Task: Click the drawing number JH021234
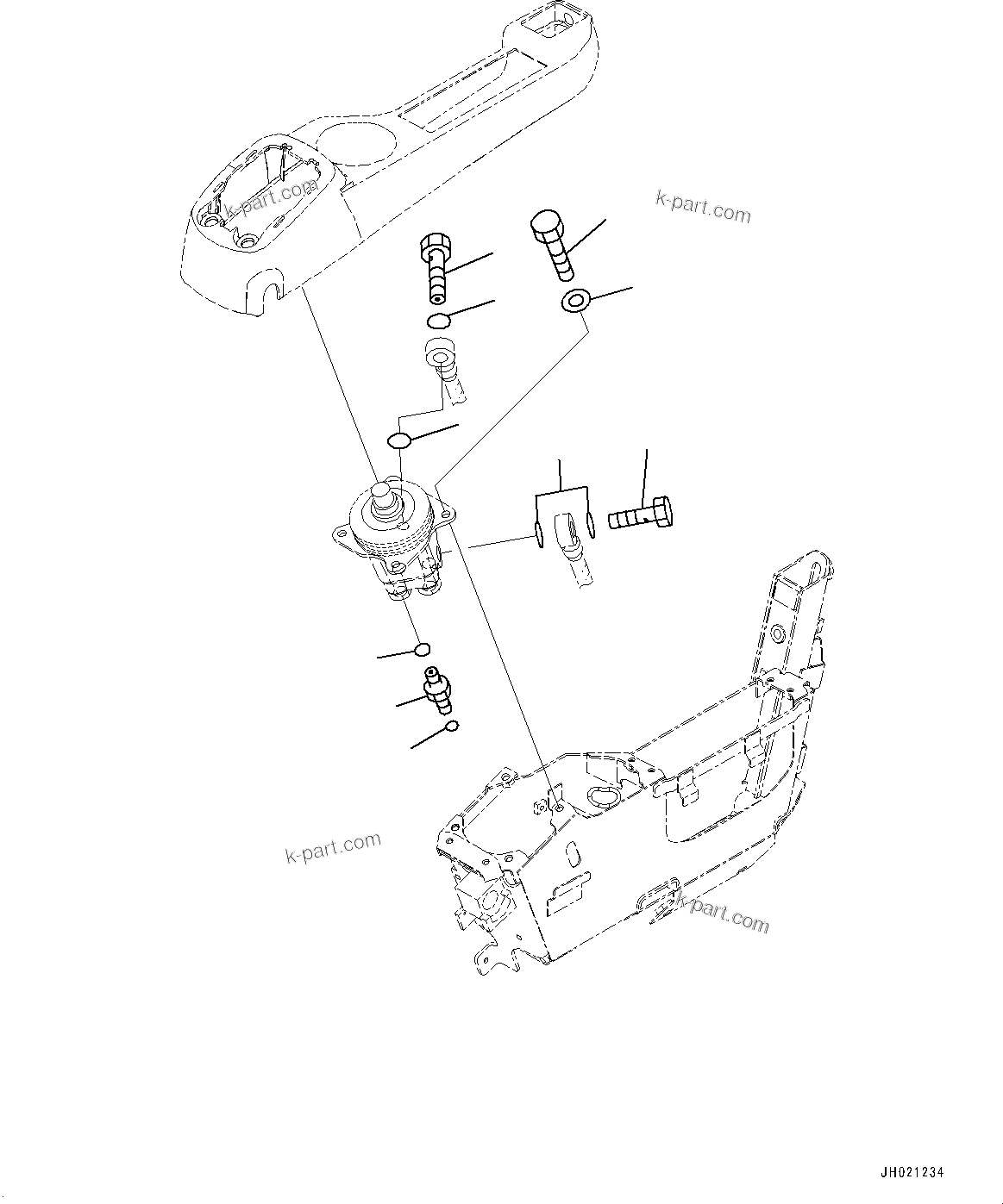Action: (x=912, y=1173)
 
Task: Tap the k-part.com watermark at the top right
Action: (x=703, y=208)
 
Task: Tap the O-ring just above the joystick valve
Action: (x=398, y=441)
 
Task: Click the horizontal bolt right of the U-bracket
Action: (x=642, y=513)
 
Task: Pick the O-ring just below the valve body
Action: (x=423, y=649)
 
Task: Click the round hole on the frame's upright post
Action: (x=777, y=636)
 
